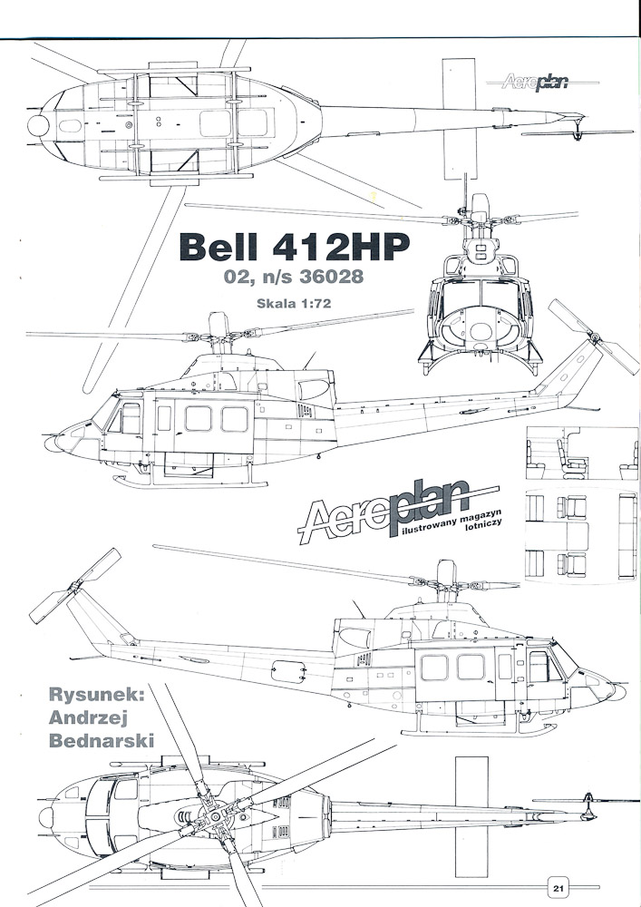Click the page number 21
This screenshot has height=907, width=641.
point(558,888)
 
